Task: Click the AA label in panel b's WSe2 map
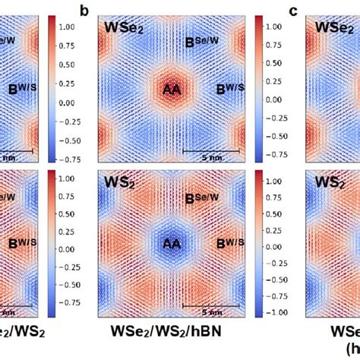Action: pyautogui.click(x=173, y=90)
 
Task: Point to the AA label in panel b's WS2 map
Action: pyautogui.click(x=173, y=245)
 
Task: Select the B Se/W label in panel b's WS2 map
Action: pyautogui.click(x=199, y=199)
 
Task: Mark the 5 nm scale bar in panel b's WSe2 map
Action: pyautogui.click(x=213, y=151)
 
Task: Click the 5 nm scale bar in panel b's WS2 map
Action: pyautogui.click(x=213, y=306)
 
